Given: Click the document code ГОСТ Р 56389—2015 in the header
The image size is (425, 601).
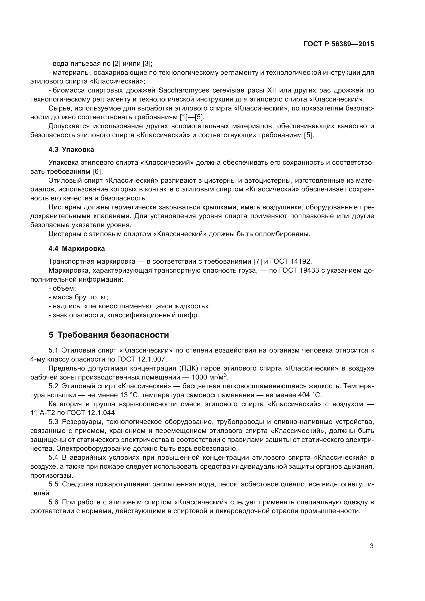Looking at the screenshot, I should click(x=339, y=44).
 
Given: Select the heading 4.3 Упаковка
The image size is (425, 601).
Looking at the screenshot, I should click(x=71, y=150).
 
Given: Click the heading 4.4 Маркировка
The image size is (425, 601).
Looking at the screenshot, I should click(x=77, y=249).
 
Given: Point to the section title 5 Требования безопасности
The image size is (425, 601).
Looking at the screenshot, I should click(x=109, y=335).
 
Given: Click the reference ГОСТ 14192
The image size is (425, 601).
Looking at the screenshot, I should click(x=291, y=262).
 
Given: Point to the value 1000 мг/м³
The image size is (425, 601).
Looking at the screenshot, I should click(x=209, y=377).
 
